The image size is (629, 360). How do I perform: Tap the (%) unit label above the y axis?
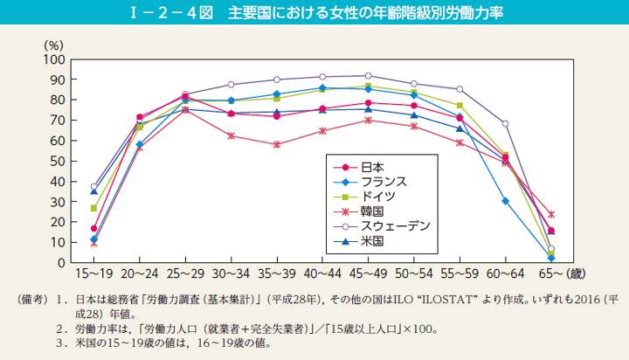(x=53, y=44)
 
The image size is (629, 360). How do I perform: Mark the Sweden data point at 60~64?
(x=505, y=123)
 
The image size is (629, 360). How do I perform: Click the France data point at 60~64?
(x=505, y=201)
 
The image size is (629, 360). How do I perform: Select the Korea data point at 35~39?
(x=276, y=144)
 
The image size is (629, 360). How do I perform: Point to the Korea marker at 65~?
(x=550, y=214)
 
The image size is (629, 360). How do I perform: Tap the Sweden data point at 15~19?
(x=93, y=186)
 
